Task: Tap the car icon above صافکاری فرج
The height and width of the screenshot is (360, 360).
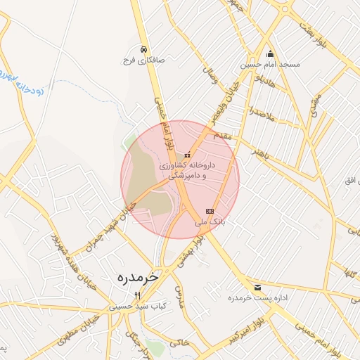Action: tap(143, 50)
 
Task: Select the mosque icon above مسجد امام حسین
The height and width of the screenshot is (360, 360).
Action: tap(270, 53)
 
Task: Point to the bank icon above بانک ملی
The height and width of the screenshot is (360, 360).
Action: tap(210, 211)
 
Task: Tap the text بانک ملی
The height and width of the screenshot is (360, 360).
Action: tap(210, 221)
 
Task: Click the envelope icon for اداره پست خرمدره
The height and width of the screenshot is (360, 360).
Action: tap(257, 288)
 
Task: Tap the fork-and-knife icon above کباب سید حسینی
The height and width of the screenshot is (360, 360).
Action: tap(138, 296)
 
